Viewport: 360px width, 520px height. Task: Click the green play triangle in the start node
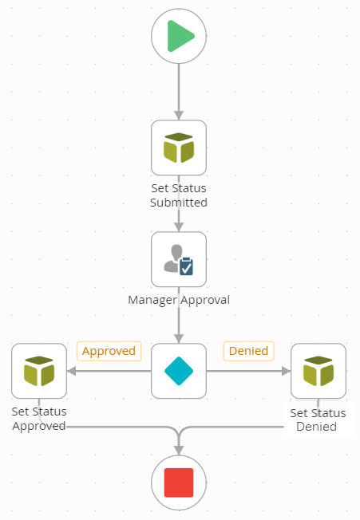pyautogui.click(x=180, y=36)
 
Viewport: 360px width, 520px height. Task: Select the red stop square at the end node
pyautogui.click(x=179, y=483)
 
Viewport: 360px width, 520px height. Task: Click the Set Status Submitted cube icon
pyautogui.click(x=179, y=148)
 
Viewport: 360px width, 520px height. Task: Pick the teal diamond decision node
pyautogui.click(x=179, y=371)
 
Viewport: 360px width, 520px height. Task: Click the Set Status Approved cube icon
pyautogui.click(x=39, y=371)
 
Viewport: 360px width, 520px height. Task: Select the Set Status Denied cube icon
pyautogui.click(x=318, y=371)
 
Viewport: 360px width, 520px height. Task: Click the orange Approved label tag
pyautogui.click(x=109, y=351)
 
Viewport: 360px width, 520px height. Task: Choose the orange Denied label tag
pyautogui.click(x=248, y=351)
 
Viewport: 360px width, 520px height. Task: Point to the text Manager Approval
pyautogui.click(x=179, y=301)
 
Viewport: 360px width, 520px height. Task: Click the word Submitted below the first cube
pyautogui.click(x=179, y=203)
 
